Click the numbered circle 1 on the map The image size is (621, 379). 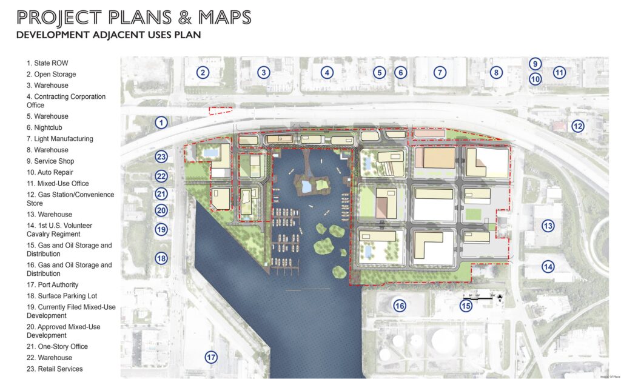pyautogui.click(x=161, y=122)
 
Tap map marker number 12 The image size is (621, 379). pyautogui.click(x=577, y=126)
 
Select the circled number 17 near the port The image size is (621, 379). pyautogui.click(x=210, y=357)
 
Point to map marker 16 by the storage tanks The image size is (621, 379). pyautogui.click(x=399, y=306)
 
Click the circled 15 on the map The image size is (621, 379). pyautogui.click(x=465, y=306)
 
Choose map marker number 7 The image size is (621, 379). pyautogui.click(x=440, y=73)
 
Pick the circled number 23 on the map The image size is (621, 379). pyautogui.click(x=161, y=157)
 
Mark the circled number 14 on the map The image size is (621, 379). pyautogui.click(x=548, y=266)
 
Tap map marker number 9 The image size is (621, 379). pyautogui.click(x=535, y=64)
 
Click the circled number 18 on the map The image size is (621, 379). pyautogui.click(x=161, y=258)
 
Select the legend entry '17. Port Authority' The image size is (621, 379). pyautogui.click(x=52, y=284)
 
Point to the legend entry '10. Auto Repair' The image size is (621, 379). pyautogui.click(x=51, y=172)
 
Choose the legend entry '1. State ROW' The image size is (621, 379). pyautogui.click(x=47, y=62)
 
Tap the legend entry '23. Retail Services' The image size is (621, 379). pyautogui.click(x=54, y=369)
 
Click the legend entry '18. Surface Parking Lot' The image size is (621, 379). pyautogui.click(x=61, y=296)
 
